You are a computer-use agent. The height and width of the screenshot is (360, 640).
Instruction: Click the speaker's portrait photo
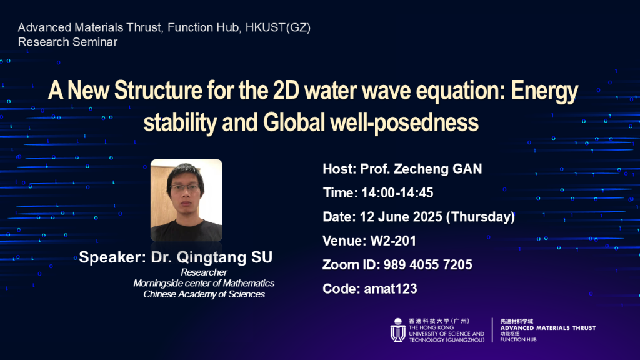tap(186, 200)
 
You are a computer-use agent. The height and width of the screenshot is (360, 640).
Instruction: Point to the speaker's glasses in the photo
tap(185, 187)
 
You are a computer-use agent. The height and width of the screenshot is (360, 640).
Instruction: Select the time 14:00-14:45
tap(397, 193)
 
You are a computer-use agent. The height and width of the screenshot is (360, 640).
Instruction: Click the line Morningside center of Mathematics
tap(204, 283)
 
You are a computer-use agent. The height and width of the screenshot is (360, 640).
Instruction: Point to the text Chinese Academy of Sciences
tap(204, 294)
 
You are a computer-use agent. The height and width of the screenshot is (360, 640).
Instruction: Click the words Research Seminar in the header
tap(67, 42)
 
